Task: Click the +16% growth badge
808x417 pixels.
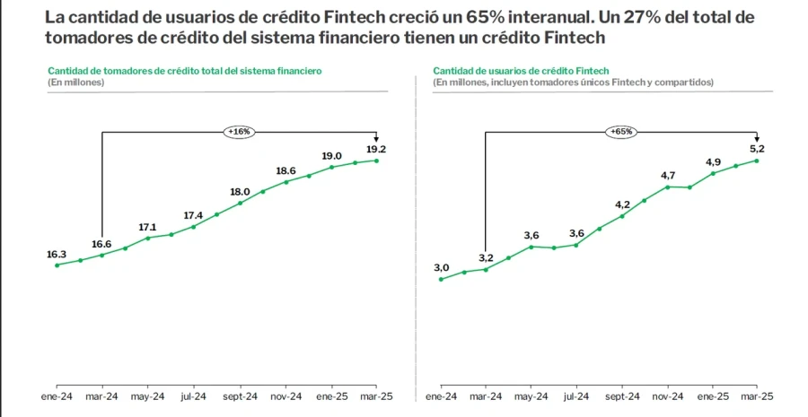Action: coord(240,132)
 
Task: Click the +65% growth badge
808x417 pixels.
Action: coord(621,132)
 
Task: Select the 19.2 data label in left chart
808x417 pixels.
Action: coord(375,149)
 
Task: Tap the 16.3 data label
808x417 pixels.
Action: coord(57,254)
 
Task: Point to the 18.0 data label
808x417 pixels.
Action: coord(240,192)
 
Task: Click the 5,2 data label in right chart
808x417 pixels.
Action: coord(759,149)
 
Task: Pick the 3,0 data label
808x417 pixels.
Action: coord(441,268)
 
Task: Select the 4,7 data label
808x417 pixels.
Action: coord(668,175)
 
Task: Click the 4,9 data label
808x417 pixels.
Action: coord(713,161)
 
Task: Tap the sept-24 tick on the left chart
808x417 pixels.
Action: coord(240,395)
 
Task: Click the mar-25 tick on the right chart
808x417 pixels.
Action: coord(758,395)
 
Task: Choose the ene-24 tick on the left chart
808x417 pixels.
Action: coord(57,395)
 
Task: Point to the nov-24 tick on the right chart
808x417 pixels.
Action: coord(667,395)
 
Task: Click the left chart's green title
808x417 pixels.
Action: coord(184,70)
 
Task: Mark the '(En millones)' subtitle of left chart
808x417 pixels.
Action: coord(76,82)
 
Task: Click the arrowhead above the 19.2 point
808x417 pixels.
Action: coord(375,138)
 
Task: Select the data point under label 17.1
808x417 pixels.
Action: coord(148,238)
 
